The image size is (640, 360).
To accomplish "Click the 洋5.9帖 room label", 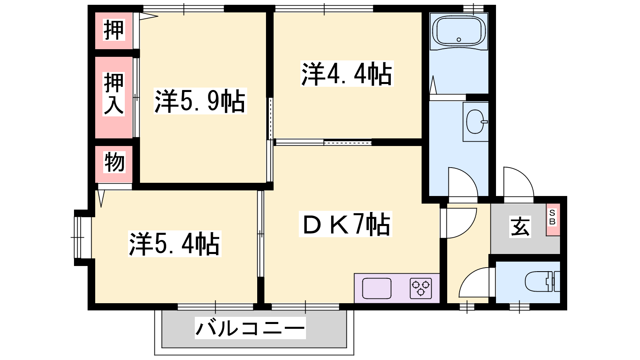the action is point(200,101).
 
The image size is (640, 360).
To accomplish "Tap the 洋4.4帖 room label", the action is point(347,74).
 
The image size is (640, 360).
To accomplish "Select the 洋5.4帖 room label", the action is point(174,244).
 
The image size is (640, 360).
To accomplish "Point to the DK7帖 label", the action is point(346,224).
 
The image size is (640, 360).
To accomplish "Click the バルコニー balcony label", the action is point(250,328).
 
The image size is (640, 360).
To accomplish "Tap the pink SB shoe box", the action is point(553,220).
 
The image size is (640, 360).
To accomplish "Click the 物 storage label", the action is point(114,162).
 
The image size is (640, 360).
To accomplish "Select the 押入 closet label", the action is point(114,94).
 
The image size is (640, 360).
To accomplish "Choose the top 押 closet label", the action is point(114,30).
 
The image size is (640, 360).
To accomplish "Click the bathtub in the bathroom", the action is point(459,32).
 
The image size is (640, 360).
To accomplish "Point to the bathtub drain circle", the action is point(459,40).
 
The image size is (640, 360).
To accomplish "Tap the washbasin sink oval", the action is point(476,122).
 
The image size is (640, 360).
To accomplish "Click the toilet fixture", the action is point(542,282).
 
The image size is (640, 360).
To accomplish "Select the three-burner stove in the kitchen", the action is point(421,288).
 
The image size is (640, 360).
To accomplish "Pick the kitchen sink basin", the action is point(376,288).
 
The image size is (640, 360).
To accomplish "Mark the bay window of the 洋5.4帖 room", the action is point(83,238).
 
